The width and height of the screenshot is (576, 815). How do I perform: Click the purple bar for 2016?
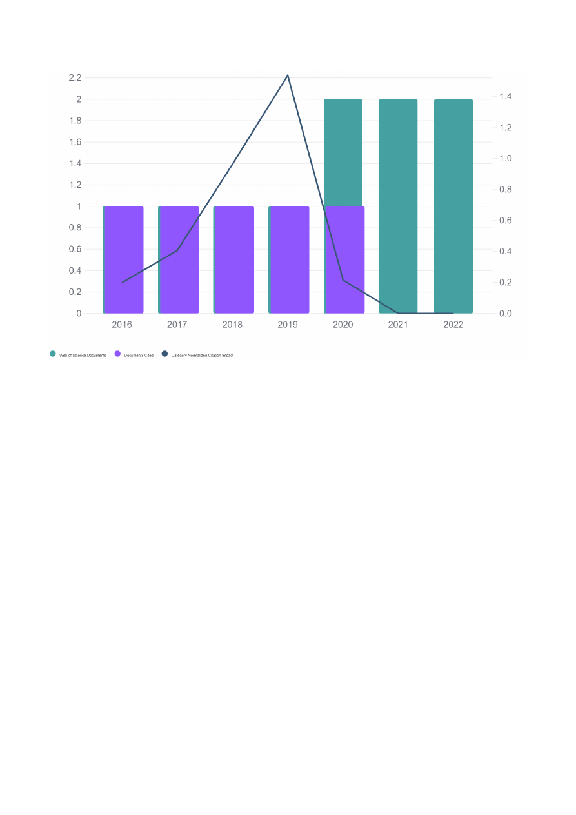[123, 259]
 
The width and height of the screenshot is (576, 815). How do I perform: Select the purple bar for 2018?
[233, 259]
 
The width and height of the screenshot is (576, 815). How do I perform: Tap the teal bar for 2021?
[398, 206]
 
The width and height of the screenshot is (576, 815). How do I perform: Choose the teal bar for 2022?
[453, 206]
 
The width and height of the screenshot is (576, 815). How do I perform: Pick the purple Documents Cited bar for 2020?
[345, 259]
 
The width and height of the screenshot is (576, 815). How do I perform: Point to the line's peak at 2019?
[288, 75]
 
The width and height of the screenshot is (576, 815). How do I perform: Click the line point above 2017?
[177, 250]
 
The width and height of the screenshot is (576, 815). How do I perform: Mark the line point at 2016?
[122, 282]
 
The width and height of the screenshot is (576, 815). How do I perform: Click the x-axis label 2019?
[288, 325]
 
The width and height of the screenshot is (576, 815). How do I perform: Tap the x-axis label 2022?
[453, 325]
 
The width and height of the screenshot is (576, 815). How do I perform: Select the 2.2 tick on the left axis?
[75, 78]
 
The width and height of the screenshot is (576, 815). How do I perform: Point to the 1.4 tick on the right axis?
[504, 97]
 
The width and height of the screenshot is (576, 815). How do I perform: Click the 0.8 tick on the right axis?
[504, 190]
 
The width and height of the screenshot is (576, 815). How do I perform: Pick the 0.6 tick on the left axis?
[75, 249]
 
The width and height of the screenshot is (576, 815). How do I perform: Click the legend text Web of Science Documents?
[83, 355]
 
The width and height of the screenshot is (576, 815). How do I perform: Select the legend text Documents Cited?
[139, 355]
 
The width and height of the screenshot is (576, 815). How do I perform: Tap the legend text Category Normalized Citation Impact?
[202, 355]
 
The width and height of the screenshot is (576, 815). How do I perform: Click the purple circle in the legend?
[117, 354]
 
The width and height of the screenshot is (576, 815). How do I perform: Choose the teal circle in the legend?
[53, 354]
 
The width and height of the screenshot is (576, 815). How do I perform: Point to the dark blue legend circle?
[164, 354]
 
